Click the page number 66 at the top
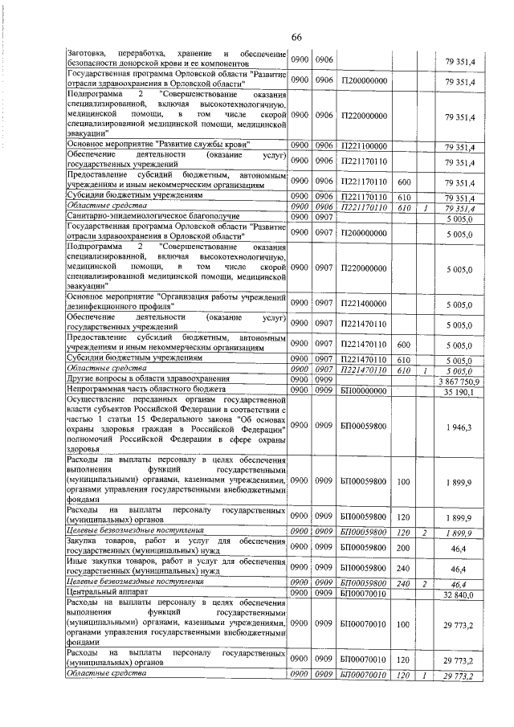coord(296,39)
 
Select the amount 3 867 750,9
coord(459,380)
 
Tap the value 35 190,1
coord(460,391)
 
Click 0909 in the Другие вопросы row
coord(324,380)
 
